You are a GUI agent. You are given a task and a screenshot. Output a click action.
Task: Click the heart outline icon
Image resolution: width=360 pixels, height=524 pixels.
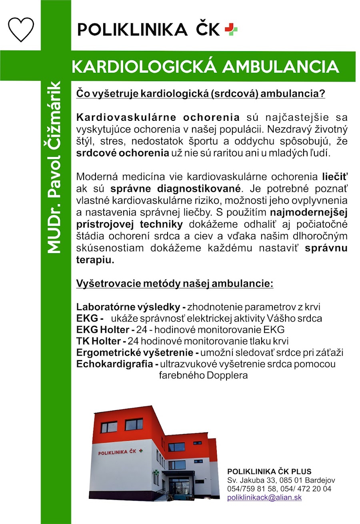(x=21, y=29)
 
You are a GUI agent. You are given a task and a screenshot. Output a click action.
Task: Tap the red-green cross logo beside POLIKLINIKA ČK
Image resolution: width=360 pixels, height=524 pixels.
(x=231, y=29)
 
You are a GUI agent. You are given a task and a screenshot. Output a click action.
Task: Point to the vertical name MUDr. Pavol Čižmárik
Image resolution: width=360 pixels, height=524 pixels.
(x=54, y=167)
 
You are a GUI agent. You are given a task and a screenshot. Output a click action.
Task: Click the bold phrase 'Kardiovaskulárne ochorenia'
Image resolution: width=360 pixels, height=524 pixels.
(x=158, y=118)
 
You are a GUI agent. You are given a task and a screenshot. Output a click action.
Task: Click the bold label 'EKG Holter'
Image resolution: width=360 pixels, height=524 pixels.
(x=102, y=330)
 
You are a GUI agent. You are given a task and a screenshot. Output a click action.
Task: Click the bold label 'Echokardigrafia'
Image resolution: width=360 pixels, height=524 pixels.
(x=115, y=364)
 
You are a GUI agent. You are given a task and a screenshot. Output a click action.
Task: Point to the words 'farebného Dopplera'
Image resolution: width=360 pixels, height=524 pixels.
(x=203, y=376)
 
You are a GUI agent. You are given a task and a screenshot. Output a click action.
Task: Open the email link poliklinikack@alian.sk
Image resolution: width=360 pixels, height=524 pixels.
(x=264, y=498)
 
